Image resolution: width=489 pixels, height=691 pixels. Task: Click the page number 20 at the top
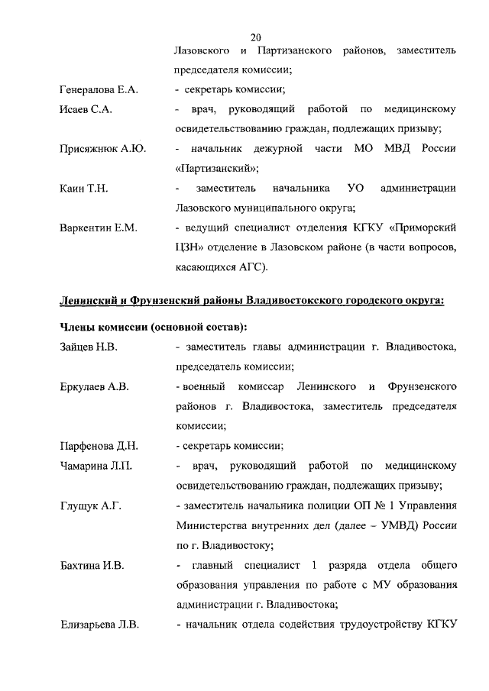pyautogui.click(x=256, y=37)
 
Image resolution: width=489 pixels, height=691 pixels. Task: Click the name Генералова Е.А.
pyautogui.click(x=99, y=90)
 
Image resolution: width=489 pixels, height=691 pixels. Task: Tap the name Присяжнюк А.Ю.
pyautogui.click(x=102, y=148)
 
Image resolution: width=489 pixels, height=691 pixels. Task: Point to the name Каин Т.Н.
pyautogui.click(x=83, y=188)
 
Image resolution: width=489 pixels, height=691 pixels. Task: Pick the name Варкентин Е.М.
pyautogui.click(x=98, y=228)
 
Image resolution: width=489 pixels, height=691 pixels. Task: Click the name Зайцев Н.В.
pyautogui.click(x=89, y=347)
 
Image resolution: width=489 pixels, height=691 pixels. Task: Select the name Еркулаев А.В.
pyautogui.click(x=94, y=387)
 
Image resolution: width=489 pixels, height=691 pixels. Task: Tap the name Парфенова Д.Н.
pyautogui.click(x=97, y=446)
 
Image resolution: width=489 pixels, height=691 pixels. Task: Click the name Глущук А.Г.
pyautogui.click(x=90, y=505)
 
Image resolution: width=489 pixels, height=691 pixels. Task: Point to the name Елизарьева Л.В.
pyautogui.click(x=99, y=625)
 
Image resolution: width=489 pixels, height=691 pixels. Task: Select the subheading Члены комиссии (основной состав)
pyautogui.click(x=153, y=328)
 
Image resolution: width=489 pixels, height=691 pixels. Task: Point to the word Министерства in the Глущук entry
pyautogui.click(x=213, y=526)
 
